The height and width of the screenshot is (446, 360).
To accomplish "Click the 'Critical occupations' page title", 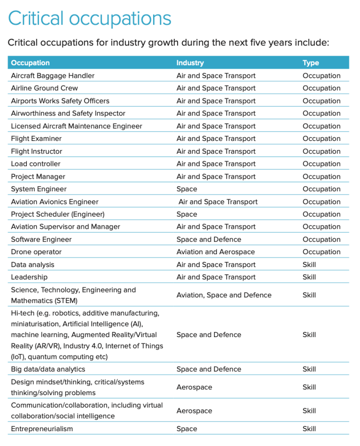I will (x=89, y=19).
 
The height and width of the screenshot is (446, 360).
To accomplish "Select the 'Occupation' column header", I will (x=30, y=63).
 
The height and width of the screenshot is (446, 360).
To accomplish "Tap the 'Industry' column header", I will (x=190, y=63).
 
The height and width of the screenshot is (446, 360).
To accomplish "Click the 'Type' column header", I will (x=311, y=63).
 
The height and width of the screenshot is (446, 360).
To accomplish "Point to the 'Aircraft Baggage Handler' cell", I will (x=53, y=76).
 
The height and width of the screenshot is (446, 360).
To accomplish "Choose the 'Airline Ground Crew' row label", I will (x=44, y=88).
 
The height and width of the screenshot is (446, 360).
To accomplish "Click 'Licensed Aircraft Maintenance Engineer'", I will (x=76, y=126).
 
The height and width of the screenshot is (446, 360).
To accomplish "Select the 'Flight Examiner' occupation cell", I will (x=36, y=139).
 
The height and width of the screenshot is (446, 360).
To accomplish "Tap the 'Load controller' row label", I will (x=36, y=164).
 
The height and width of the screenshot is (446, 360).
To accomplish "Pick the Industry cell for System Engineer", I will (x=187, y=189).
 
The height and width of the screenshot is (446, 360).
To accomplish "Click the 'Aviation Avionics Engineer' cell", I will (x=55, y=202).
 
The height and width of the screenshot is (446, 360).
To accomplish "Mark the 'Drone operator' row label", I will (x=36, y=252).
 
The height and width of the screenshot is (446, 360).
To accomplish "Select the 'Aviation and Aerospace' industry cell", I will (x=216, y=252).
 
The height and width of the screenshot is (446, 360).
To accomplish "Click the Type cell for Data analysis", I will (x=309, y=265).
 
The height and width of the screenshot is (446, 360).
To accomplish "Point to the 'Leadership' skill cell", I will (x=29, y=277).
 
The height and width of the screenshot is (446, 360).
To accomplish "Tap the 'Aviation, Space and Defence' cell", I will (x=224, y=295).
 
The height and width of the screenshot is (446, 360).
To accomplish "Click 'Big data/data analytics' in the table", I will (x=48, y=369).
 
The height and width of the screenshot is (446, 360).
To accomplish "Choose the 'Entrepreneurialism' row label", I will (x=42, y=429).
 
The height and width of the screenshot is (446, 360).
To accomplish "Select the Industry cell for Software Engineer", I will (x=209, y=239).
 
